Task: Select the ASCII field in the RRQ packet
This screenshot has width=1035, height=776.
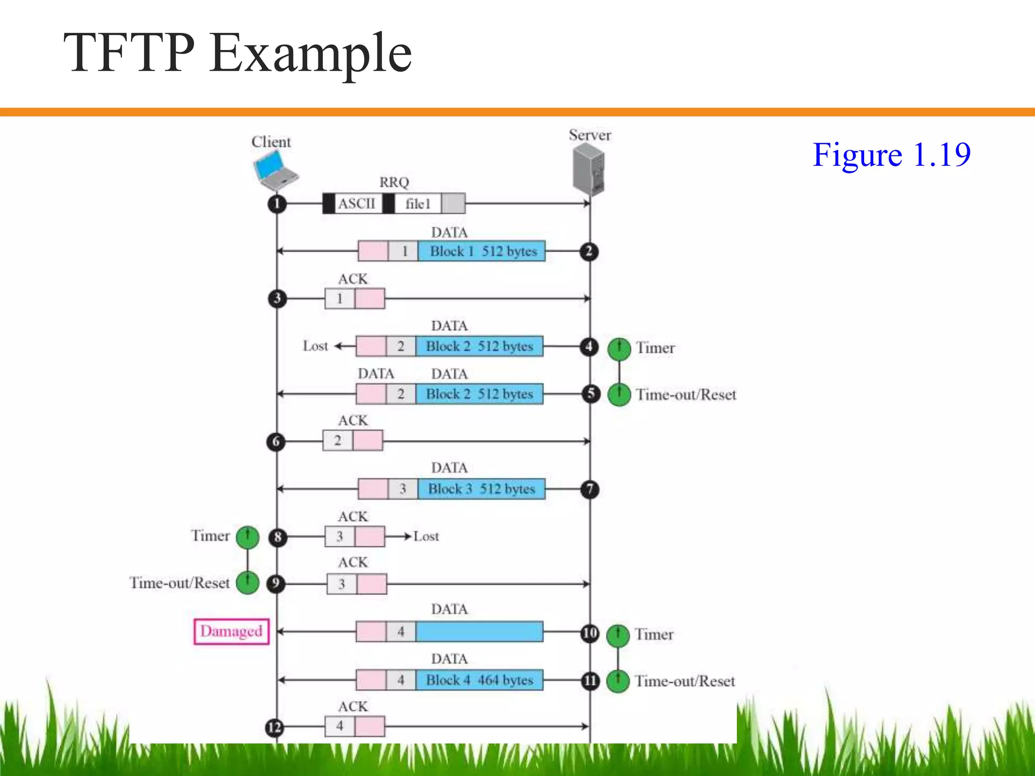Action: click(x=357, y=204)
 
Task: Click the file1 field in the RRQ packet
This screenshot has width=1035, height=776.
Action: click(x=418, y=204)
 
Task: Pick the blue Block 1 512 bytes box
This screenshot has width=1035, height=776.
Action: click(x=482, y=251)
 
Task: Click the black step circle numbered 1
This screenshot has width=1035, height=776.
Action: click(x=277, y=204)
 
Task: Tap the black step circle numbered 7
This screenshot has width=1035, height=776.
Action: click(x=589, y=489)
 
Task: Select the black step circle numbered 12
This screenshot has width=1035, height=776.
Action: click(x=274, y=727)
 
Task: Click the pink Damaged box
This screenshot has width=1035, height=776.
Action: click(x=231, y=632)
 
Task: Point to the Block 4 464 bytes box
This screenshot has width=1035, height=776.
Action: click(x=479, y=680)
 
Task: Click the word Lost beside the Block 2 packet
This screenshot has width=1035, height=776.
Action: click(x=315, y=346)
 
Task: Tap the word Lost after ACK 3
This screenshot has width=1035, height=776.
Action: click(x=426, y=537)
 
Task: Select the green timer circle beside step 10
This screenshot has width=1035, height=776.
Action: click(x=618, y=636)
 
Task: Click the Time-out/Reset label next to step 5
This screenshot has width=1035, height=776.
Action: click(x=686, y=395)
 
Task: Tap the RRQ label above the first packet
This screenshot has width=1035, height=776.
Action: click(x=394, y=182)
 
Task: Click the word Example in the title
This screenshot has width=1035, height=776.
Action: click(x=310, y=53)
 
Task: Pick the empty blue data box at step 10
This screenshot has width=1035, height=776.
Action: click(x=479, y=632)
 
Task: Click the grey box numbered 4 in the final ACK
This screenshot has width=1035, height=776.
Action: click(x=340, y=726)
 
